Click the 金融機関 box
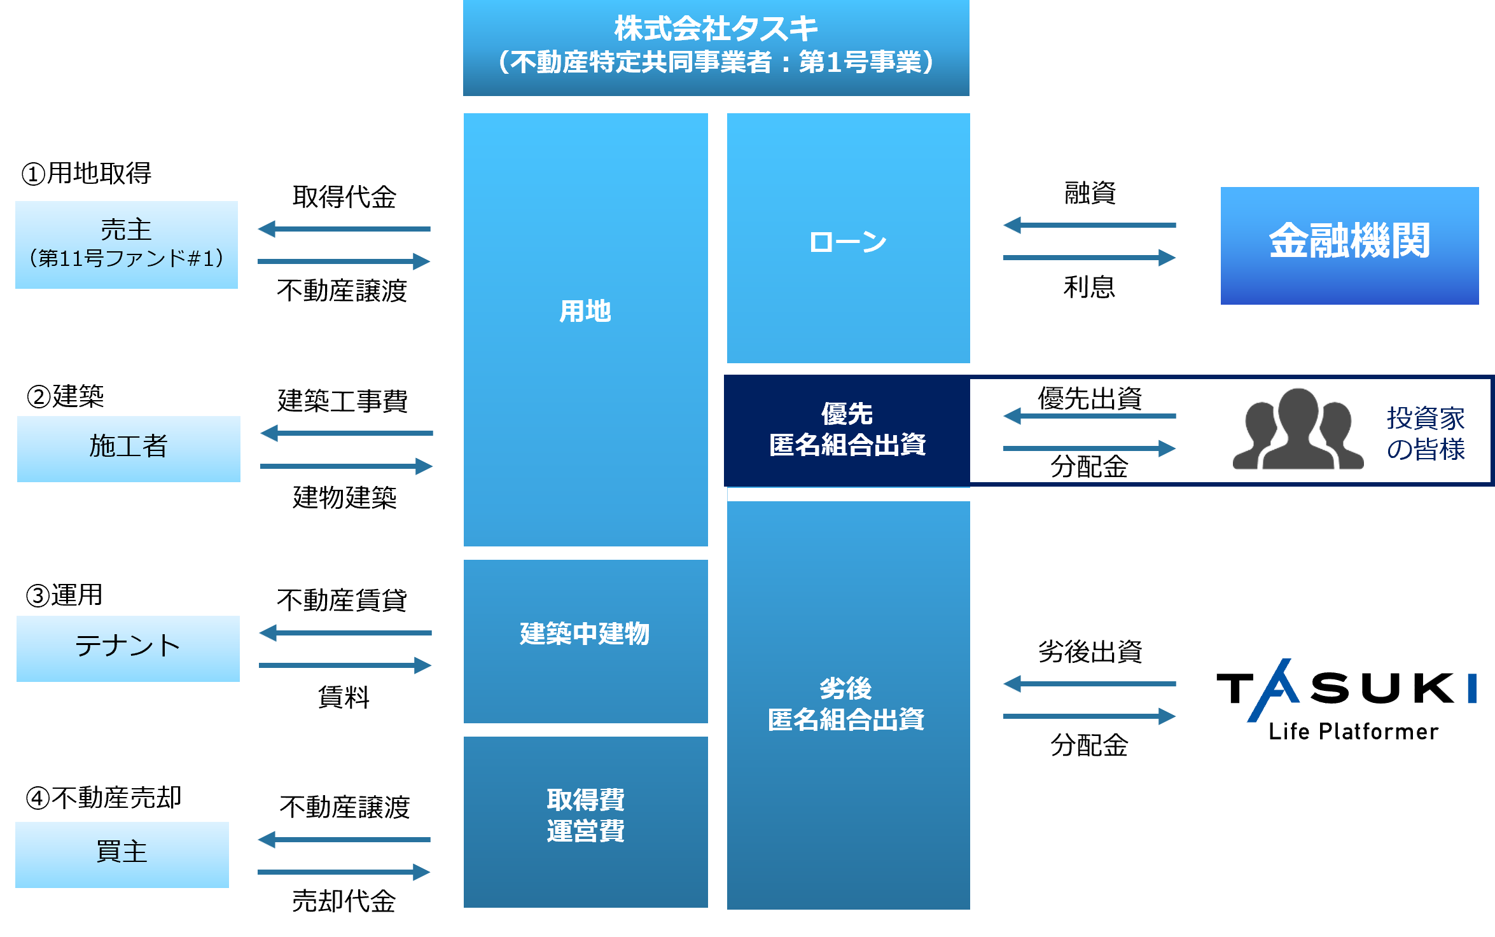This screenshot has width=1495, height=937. point(1349,246)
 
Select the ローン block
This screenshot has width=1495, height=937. point(848,238)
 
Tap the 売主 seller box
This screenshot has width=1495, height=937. point(127,245)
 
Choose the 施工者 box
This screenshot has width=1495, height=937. point(129,449)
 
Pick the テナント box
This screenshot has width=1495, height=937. point(128,648)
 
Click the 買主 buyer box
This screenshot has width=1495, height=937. point(122,854)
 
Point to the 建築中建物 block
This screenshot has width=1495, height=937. point(585,641)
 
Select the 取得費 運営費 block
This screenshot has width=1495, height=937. point(585,822)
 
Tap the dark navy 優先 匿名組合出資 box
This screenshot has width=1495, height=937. point(847,430)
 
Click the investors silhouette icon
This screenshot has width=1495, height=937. point(1298,429)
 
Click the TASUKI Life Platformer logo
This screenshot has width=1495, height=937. point(1346,700)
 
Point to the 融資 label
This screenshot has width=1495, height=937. point(1090,193)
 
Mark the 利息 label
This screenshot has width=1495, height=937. point(1089,287)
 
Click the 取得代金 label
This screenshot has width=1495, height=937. point(344,197)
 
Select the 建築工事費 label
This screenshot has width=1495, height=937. point(343,401)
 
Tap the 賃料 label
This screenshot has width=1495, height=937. point(344,697)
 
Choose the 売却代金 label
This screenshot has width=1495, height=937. point(344,901)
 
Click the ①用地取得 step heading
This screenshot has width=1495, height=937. point(87,173)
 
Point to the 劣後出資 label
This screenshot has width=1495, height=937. point(1090,651)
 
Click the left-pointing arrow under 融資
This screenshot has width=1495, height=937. point(1090,225)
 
